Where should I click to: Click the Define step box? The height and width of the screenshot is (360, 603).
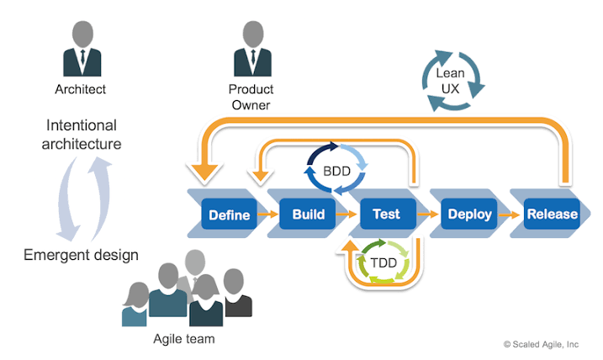coord(230,214)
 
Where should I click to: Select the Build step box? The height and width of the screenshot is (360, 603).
coord(308,214)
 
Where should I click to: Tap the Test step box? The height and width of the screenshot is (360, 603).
coord(388,214)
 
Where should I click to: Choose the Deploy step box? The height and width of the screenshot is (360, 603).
coord(469,214)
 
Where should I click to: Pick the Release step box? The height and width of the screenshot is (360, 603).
coord(552,214)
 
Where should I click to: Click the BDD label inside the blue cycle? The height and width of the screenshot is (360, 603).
coord(337,171)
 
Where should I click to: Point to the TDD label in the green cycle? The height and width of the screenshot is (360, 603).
coord(383,262)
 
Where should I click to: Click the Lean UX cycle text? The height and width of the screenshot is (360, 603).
coord(450,81)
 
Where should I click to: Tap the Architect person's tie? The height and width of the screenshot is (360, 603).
coord(82,57)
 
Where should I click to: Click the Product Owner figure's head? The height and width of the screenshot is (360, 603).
coord(253,34)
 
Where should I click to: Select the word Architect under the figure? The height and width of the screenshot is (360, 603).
coord(81,89)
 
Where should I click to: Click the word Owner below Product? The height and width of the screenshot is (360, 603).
coord(251,105)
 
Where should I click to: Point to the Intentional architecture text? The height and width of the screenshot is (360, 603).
coord(82,135)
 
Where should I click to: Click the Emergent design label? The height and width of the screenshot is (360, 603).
coord(81,255)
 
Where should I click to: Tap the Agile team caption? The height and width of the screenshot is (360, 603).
coord(184,338)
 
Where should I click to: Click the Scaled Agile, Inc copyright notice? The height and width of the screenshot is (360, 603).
coord(541,344)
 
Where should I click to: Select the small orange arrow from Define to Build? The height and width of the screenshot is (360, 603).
coord(268,214)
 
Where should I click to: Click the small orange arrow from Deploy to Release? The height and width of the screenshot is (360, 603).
coord(510,214)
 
